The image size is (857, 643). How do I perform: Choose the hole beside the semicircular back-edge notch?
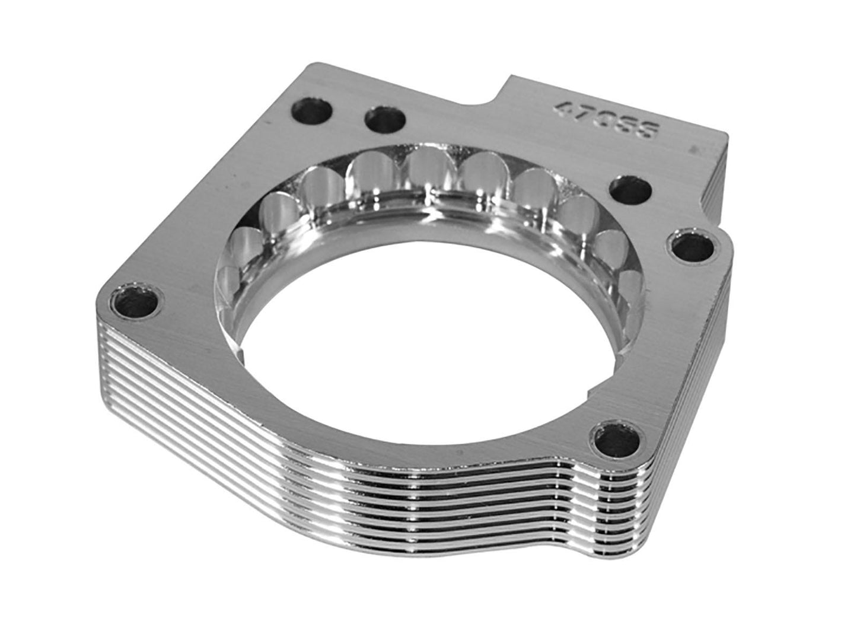pos(385,122)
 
